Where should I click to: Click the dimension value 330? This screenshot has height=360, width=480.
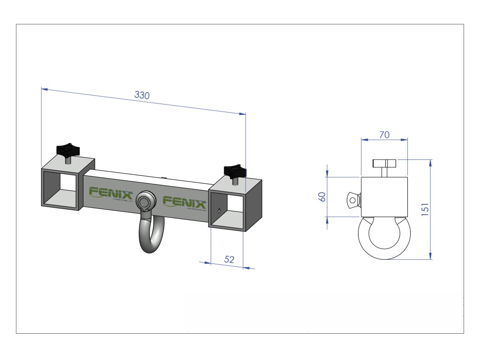coord(142,95)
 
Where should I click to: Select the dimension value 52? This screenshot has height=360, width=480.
coord(229,260)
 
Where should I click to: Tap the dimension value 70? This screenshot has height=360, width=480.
coord(384,135)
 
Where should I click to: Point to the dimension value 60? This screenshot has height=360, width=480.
coord(322,197)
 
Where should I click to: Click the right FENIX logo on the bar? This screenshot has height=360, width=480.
coord(184,202)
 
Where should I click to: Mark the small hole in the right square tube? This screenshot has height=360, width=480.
coord(218,210)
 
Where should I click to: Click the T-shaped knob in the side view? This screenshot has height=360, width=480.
coord(385,164)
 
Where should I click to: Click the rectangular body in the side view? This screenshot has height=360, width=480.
coord(384,197)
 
